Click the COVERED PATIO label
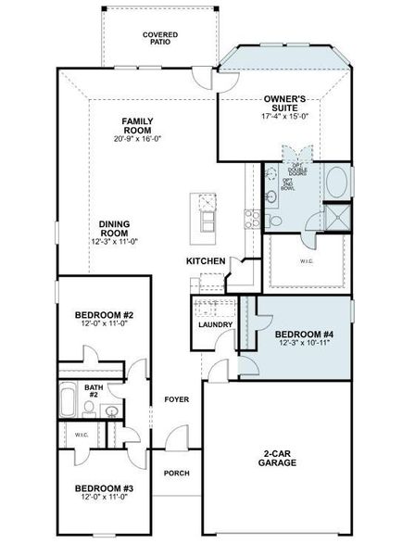coord(160,38)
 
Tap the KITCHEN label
coord(205,261)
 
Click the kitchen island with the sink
coord(205,211)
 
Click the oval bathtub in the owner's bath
coord(336,182)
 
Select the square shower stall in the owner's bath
coord(334,218)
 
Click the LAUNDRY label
coord(214,325)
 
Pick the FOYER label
coord(176,399)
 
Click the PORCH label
coord(176,473)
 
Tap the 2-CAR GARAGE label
coord(277,458)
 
